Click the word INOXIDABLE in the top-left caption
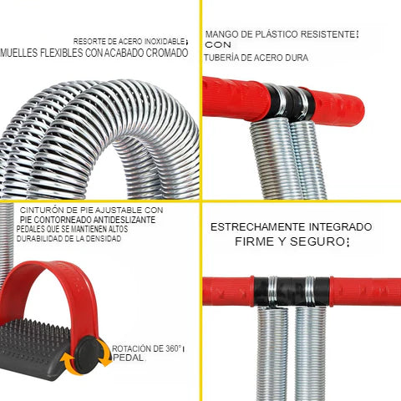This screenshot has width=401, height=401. [x=165, y=42]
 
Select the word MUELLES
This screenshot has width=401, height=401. [x=19, y=53]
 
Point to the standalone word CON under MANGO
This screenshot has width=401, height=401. [x=218, y=44]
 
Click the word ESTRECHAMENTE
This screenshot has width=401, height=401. [x=258, y=227]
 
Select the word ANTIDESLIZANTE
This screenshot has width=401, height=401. [x=124, y=220]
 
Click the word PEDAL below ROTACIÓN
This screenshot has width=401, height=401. [x=128, y=358]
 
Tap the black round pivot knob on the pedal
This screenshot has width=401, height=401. [x=89, y=354]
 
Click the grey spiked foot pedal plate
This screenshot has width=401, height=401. [x=34, y=348]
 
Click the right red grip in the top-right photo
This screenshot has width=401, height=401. [x=337, y=107]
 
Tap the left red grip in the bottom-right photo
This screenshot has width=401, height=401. [x=228, y=291]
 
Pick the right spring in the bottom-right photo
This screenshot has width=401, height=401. [x=310, y=353]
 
